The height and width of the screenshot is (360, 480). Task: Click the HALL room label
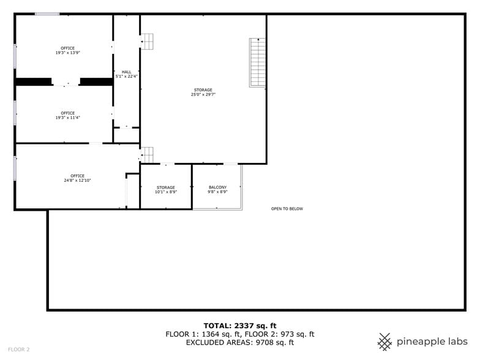pyautogui.click(x=126, y=72)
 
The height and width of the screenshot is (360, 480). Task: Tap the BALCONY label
pyautogui.click(x=218, y=187)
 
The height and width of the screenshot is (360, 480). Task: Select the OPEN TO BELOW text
pyautogui.click(x=287, y=209)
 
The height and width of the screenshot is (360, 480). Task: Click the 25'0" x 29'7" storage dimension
pyautogui.click(x=203, y=94)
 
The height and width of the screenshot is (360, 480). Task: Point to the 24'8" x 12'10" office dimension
pyautogui.click(x=77, y=180)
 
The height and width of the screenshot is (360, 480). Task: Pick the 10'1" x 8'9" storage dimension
pyautogui.click(x=166, y=192)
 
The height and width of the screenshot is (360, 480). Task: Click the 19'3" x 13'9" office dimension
pyautogui.click(x=67, y=53)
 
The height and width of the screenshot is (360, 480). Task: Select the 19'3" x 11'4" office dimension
pyautogui.click(x=67, y=118)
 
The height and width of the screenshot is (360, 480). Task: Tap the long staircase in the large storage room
pyautogui.click(x=257, y=62)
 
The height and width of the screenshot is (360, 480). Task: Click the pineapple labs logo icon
pyautogui.click(x=384, y=342)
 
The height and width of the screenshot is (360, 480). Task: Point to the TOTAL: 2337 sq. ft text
pyautogui.click(x=240, y=326)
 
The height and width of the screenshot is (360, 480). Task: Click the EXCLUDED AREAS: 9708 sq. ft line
pyautogui.click(x=240, y=343)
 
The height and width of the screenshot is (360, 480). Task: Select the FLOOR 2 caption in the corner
pyautogui.click(x=18, y=349)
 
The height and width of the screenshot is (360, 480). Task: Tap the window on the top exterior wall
pyautogui.click(x=47, y=13)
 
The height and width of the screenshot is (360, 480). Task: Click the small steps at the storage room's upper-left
pyautogui.click(x=147, y=41)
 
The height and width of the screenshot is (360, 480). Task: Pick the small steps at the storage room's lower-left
pyautogui.click(x=147, y=155)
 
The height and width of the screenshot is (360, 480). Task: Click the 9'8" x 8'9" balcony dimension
pyautogui.click(x=218, y=192)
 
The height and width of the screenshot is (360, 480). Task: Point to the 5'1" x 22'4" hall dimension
pyautogui.click(x=126, y=77)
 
